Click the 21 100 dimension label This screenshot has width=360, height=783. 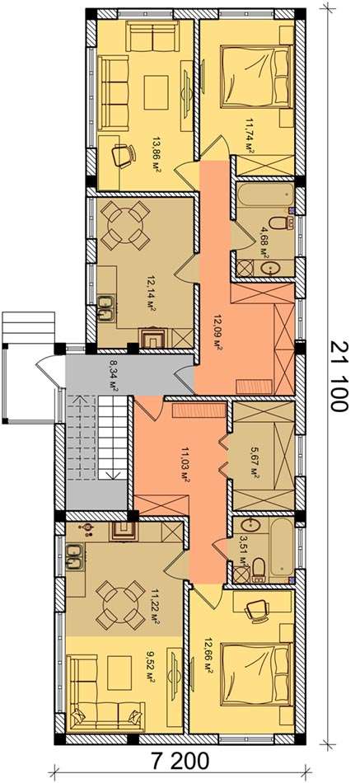tap(338, 376)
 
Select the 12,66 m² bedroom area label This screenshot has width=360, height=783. tap(208, 657)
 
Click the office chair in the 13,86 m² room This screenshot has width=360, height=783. tap(123, 155)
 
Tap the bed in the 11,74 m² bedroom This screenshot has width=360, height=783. tap(256, 77)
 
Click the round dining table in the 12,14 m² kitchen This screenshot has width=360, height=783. tap(125, 225)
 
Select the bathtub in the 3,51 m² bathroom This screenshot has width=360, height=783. tap(281, 548)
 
